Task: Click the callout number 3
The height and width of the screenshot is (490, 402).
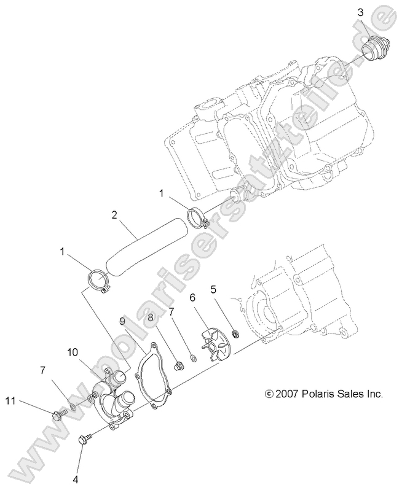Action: (x=361, y=12)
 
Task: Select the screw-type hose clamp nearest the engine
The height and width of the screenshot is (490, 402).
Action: (x=199, y=217)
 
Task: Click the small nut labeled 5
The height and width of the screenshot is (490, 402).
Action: (x=234, y=334)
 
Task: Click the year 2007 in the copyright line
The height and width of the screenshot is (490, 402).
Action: (x=286, y=393)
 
